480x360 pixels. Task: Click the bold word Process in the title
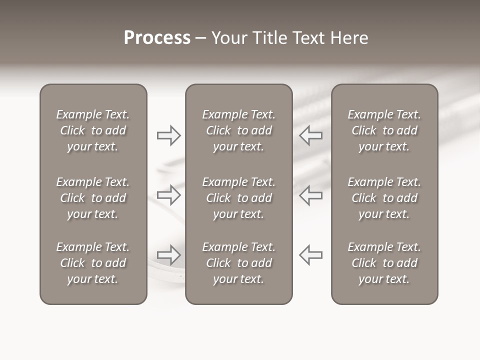[x=157, y=38]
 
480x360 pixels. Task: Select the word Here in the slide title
[x=349, y=38]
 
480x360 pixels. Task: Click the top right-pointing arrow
[x=168, y=135]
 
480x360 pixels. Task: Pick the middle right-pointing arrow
[x=168, y=195]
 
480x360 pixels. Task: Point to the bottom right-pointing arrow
[x=168, y=255]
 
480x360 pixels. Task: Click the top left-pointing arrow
[x=311, y=135]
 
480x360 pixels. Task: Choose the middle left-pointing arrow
[x=311, y=195]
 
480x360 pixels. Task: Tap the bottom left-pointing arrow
[x=311, y=255]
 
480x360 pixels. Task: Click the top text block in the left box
[x=93, y=130]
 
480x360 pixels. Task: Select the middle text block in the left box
[x=93, y=198]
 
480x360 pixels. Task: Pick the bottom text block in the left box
[x=93, y=263]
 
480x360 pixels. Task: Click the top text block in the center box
[x=238, y=130]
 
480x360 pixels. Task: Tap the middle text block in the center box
[x=238, y=198]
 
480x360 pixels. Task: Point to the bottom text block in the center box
[x=238, y=263]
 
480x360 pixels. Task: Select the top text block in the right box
[x=384, y=130]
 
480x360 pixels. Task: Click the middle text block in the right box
[x=384, y=198]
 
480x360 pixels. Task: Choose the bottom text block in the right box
[x=384, y=263]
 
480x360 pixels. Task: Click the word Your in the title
[x=229, y=38]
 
